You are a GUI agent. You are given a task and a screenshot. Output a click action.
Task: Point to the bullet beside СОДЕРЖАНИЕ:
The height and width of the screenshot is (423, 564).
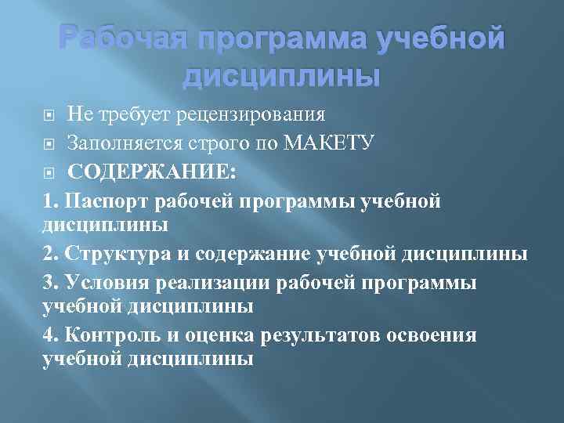pyautogui.click(x=49, y=172)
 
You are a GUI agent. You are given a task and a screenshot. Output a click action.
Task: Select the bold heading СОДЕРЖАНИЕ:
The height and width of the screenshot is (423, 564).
pyautogui.click(x=151, y=171)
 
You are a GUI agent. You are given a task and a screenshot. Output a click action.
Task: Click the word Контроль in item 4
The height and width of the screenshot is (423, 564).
pyautogui.click(x=116, y=335)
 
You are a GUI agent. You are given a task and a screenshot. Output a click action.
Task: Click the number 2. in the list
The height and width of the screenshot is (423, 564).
pyautogui.click(x=51, y=255)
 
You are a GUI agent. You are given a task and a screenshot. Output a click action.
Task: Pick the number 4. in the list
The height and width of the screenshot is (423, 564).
pyautogui.click(x=51, y=335)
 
